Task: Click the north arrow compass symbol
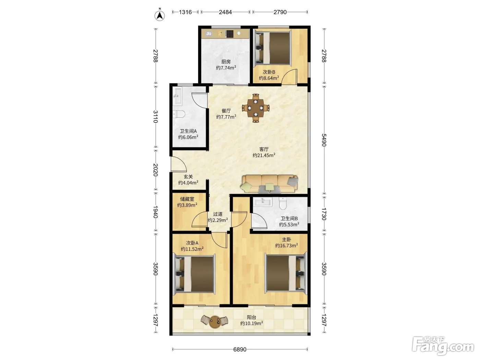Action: (160, 15)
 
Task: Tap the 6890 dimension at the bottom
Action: (240, 349)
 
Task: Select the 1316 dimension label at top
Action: (185, 12)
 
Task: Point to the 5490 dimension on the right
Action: (324, 140)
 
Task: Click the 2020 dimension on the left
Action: (155, 170)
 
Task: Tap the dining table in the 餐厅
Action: (256, 108)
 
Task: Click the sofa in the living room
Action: (269, 184)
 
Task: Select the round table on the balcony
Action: (214, 322)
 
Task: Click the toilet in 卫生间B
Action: (283, 203)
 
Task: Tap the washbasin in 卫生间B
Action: (263, 202)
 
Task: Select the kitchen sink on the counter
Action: (208, 34)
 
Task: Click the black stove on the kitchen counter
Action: (230, 34)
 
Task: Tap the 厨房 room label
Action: (226, 62)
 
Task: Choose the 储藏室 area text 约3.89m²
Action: (187, 205)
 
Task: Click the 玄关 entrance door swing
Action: (179, 164)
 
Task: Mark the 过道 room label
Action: (218, 214)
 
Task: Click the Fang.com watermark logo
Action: (443, 346)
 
